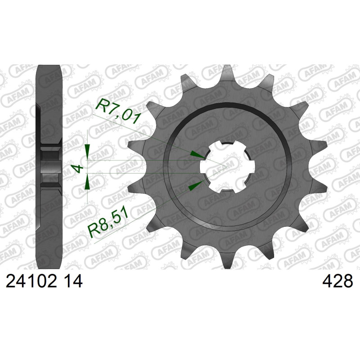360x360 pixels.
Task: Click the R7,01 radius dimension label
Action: coord(118,111)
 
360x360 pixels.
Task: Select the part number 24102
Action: coord(31,281)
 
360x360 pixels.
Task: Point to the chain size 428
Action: coord(337,281)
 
